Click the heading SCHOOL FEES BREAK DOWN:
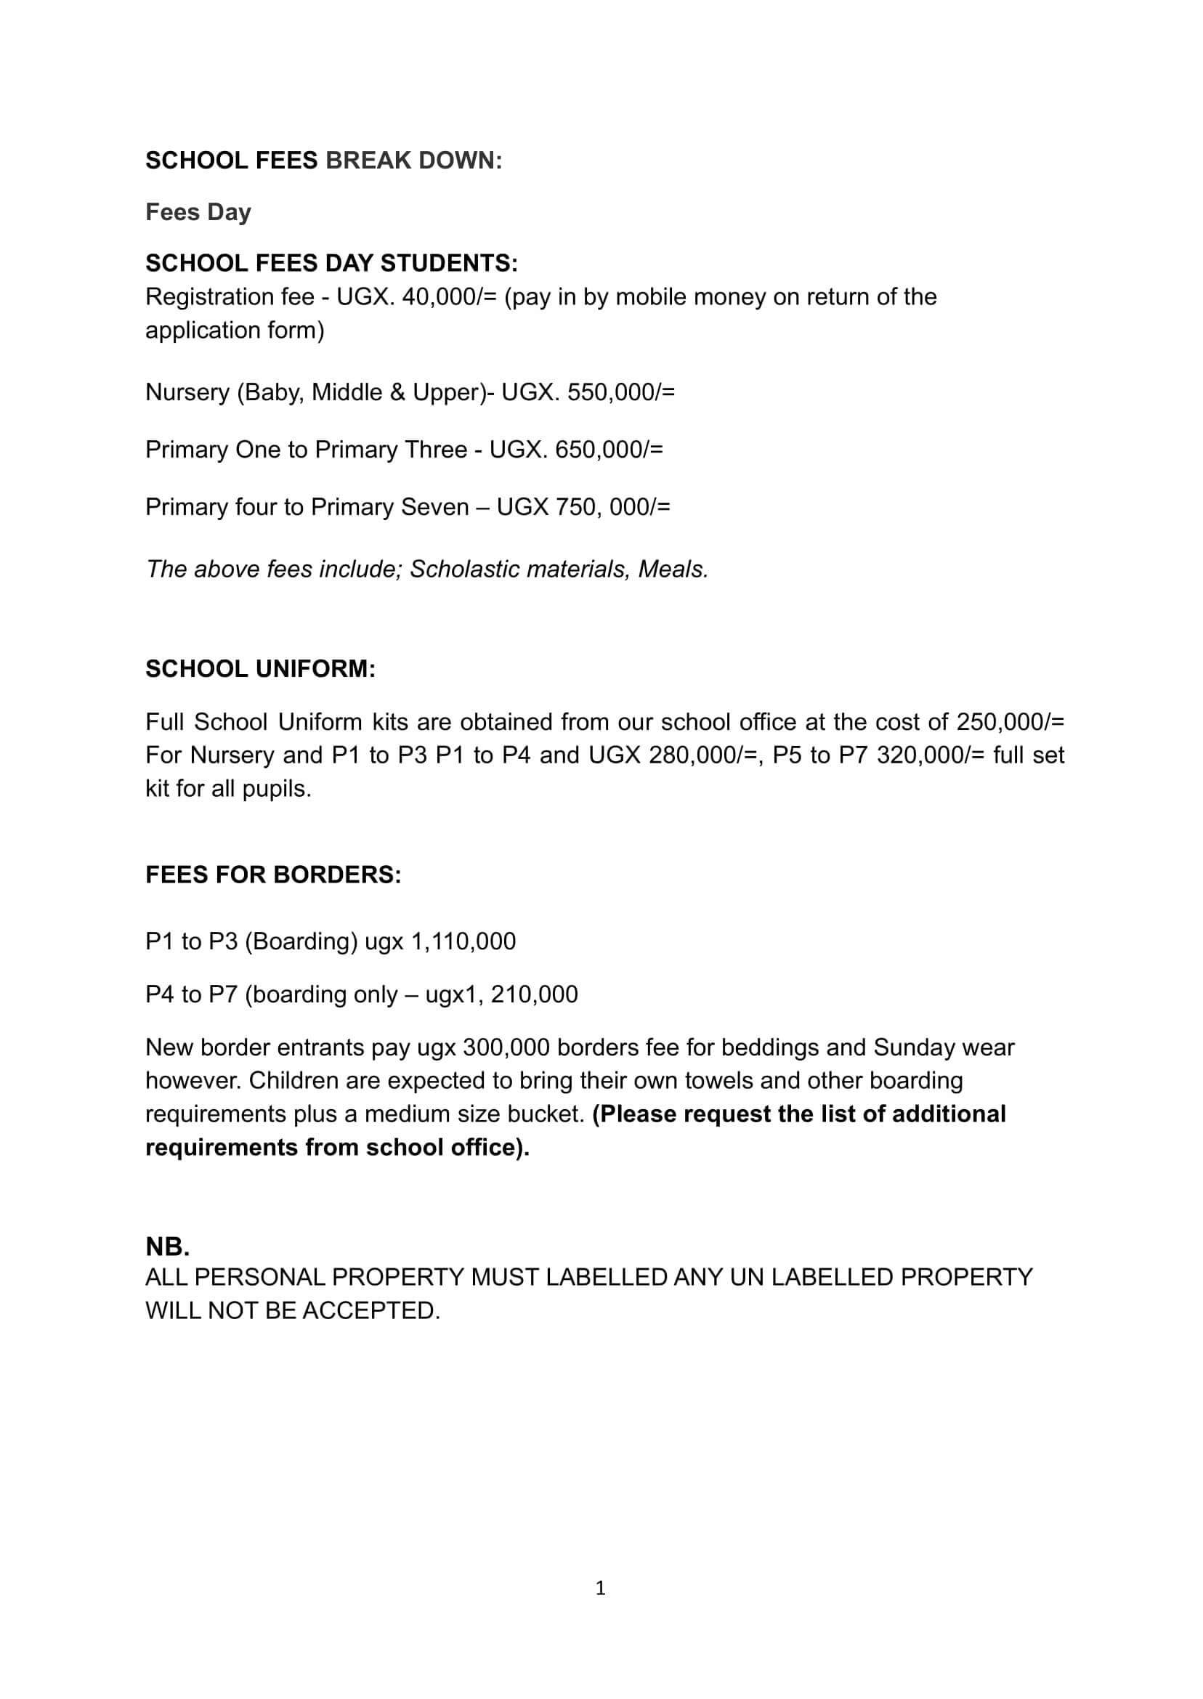pyautogui.click(x=324, y=160)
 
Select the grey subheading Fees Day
pyautogui.click(x=198, y=212)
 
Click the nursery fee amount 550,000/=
pyautogui.click(x=621, y=392)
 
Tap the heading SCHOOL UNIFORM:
pyautogui.click(x=261, y=669)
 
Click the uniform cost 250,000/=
pyautogui.click(x=1010, y=721)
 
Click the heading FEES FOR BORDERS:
pyautogui.click(x=273, y=875)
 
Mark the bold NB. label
pyautogui.click(x=167, y=1247)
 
